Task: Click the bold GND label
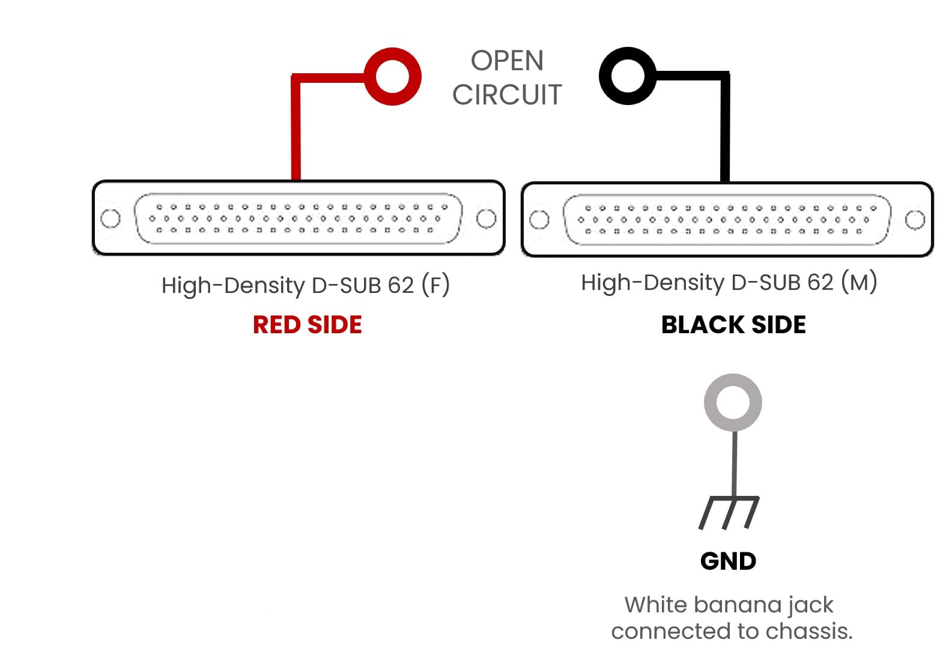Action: (x=728, y=561)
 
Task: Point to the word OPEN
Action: (x=507, y=61)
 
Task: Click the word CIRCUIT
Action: (x=507, y=95)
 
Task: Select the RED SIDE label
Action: (x=307, y=325)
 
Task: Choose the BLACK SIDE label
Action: (x=733, y=325)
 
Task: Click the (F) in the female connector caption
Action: (x=435, y=285)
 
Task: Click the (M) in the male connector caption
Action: (x=859, y=282)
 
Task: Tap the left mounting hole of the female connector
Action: (x=111, y=219)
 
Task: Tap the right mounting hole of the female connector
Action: (x=486, y=219)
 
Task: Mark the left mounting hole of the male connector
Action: (x=539, y=220)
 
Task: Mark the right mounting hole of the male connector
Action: (x=915, y=220)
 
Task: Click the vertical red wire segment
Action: (x=296, y=132)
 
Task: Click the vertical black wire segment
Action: (x=725, y=132)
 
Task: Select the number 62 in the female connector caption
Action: (x=401, y=285)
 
